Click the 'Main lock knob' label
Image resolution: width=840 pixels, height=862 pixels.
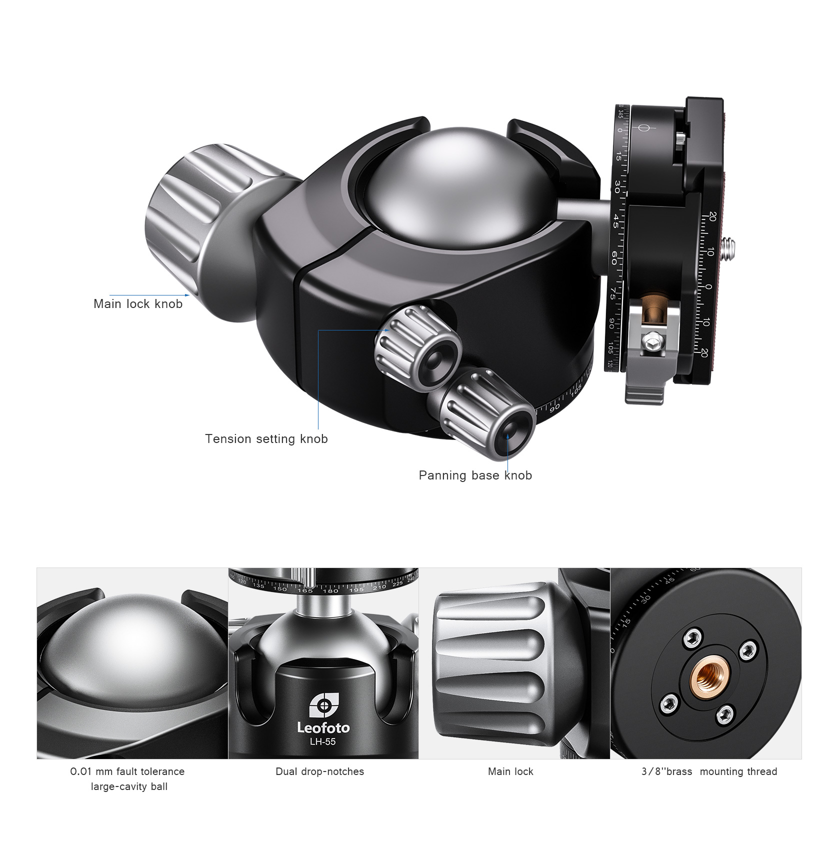(x=138, y=304)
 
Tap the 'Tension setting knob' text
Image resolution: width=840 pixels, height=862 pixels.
(x=266, y=439)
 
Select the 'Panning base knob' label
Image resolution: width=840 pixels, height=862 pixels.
(x=475, y=475)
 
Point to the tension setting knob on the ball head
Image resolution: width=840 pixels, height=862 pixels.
(x=418, y=345)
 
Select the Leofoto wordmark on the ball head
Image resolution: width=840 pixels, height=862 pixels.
(x=323, y=727)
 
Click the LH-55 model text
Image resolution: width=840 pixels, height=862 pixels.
(x=323, y=742)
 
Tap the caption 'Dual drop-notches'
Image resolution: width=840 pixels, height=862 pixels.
(x=320, y=771)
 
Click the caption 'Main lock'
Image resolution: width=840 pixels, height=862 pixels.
(x=510, y=771)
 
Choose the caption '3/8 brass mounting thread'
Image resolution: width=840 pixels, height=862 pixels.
(x=709, y=771)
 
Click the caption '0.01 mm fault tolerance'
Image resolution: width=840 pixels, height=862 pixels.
(x=127, y=771)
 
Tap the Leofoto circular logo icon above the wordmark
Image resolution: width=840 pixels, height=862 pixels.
(x=323, y=706)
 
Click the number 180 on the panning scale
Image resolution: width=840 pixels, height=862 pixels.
(x=330, y=591)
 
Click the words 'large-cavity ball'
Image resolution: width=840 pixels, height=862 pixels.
(x=129, y=786)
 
